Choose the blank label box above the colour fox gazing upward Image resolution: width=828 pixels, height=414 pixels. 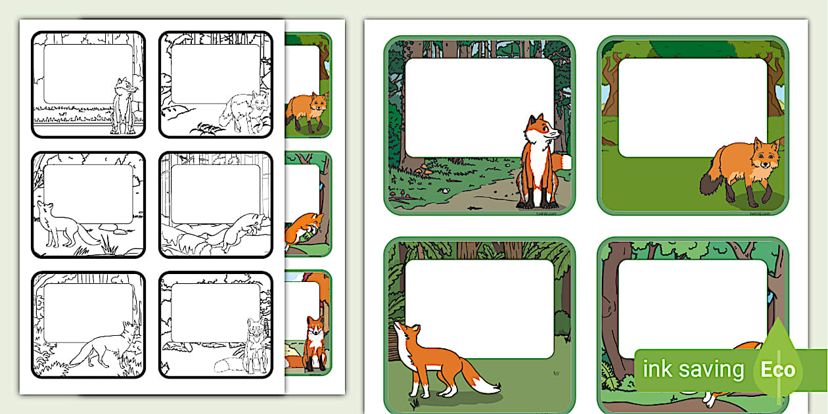[x=479, y=309]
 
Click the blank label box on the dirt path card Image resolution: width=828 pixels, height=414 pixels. [x=479, y=107]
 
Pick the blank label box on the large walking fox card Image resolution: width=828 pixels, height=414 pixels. [x=692, y=107]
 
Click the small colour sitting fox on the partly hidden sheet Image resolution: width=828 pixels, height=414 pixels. [x=315, y=342]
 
